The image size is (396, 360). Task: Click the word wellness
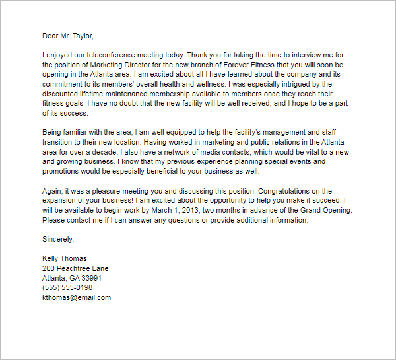pos(242,84)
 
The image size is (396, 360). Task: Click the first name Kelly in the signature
pos(51,258)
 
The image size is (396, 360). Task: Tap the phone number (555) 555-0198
pos(67,287)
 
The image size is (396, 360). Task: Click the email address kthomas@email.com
pos(76,297)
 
